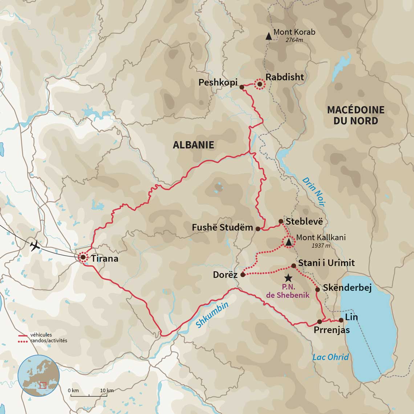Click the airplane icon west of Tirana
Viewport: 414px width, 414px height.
pyautogui.click(x=35, y=246)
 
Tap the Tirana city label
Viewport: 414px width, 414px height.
pyautogui.click(x=105, y=259)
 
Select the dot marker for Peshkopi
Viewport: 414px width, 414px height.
pyautogui.click(x=241, y=87)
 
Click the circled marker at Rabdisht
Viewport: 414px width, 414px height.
pyautogui.click(x=260, y=84)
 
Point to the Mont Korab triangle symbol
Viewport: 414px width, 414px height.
pyautogui.click(x=268, y=36)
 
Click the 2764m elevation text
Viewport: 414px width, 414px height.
pyautogui.click(x=294, y=40)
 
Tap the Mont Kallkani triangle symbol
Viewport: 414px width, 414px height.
pyautogui.click(x=288, y=242)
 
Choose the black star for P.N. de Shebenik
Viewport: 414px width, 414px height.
pyautogui.click(x=288, y=278)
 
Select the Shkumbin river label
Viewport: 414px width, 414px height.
pyautogui.click(x=212, y=314)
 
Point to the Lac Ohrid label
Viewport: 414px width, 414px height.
pyautogui.click(x=330, y=357)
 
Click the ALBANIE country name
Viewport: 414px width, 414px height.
pyautogui.click(x=193, y=145)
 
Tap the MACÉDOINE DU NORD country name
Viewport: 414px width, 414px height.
pyautogui.click(x=356, y=115)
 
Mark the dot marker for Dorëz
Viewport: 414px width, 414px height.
pyautogui.click(x=243, y=275)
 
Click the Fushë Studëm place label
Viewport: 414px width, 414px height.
pyautogui.click(x=222, y=228)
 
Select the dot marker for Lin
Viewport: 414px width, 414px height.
pyautogui.click(x=341, y=320)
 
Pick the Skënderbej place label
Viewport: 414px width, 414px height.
pyautogui.click(x=347, y=288)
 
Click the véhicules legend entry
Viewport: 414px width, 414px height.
pyautogui.click(x=41, y=335)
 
